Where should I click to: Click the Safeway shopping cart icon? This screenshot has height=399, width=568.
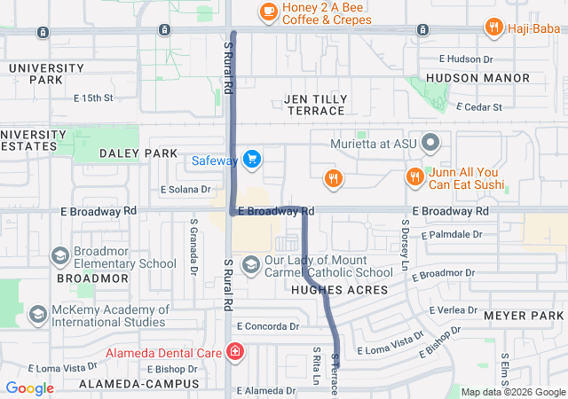coord(253,160)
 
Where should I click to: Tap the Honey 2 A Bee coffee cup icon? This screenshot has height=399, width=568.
coord(267,11)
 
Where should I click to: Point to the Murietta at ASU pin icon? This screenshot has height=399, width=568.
coord(431,142)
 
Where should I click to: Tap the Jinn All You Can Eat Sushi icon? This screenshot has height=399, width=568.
coord(414,176)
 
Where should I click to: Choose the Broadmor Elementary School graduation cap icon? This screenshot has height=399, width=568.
coord(60,256)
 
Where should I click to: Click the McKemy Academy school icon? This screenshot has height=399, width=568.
coord(38,314)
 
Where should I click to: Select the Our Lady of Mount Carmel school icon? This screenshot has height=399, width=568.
coord(251,265)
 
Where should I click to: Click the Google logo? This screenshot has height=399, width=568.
coord(30,388)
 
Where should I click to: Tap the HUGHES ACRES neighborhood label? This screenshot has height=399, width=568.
coord(339,290)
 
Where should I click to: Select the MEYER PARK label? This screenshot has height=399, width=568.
coord(524,316)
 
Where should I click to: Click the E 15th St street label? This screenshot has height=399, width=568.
coord(93,98)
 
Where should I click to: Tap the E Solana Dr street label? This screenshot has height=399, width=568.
coord(185,190)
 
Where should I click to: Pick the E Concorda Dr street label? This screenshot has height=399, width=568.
coord(267,326)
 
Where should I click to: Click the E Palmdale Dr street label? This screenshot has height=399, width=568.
coord(452,235)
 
